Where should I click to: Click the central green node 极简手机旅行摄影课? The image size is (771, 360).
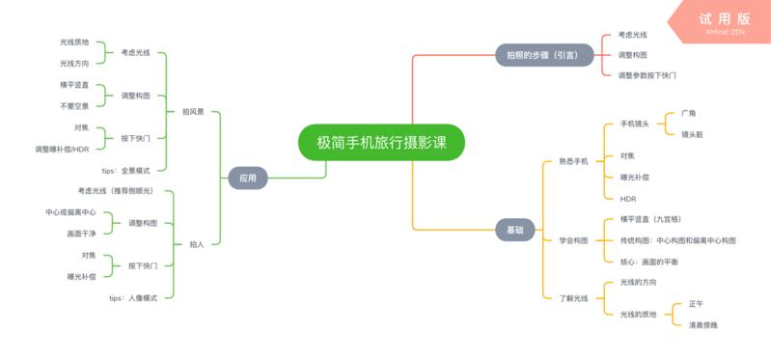click(381, 142)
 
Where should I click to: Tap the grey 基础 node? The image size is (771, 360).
click(515, 230)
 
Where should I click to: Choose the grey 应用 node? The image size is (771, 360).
click(248, 178)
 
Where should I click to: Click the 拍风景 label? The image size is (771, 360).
click(193, 112)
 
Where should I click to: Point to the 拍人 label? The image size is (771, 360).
click(196, 244)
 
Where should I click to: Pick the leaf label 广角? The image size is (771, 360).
click(688, 113)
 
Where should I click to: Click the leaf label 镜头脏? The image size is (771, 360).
click(692, 134)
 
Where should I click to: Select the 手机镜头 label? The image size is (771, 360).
click(634, 124)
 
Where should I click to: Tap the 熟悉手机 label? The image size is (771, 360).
click(572, 162)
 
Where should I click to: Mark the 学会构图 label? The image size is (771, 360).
click(573, 239)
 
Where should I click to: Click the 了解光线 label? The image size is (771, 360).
click(573, 298)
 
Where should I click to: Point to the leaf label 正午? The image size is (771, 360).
click(696, 304)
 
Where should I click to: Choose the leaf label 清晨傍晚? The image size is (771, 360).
click(702, 325)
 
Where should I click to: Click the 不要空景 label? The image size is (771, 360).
click(74, 105)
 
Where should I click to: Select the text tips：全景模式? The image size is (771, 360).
click(126, 170)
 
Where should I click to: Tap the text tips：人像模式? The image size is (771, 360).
click(129, 298)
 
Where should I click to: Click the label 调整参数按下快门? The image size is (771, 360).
click(647, 74)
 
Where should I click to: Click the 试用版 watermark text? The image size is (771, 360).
click(725, 18)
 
